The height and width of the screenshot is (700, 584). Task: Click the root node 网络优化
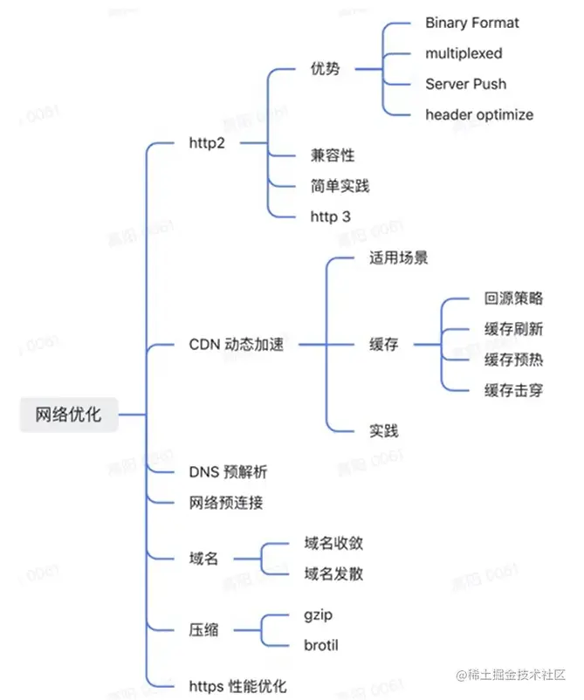[x=68, y=415]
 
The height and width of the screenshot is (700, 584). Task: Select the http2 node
[x=207, y=142]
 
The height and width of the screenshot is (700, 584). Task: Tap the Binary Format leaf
[x=471, y=23]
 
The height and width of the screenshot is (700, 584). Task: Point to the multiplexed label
[x=464, y=53]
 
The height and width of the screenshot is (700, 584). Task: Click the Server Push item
[x=465, y=84]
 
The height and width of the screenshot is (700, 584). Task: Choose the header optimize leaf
[x=479, y=114]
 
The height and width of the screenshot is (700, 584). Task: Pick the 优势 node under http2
[x=325, y=68]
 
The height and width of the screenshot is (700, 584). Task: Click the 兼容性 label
[x=333, y=155]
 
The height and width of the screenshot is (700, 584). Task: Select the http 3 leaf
[x=330, y=216]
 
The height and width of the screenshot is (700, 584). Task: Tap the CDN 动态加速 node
[x=236, y=344]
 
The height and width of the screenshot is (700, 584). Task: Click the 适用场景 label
[x=398, y=258]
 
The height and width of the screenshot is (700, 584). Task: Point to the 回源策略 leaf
[x=513, y=299]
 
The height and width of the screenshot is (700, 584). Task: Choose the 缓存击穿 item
[x=513, y=390]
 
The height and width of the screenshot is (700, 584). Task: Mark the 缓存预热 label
[x=513, y=360]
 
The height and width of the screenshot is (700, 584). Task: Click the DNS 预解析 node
[x=228, y=472]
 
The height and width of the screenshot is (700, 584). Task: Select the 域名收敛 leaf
[x=333, y=543]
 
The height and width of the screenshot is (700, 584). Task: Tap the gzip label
[x=318, y=615]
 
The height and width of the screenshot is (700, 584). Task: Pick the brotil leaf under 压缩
[x=320, y=646]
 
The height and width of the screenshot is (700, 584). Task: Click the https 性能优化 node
[x=237, y=686]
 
